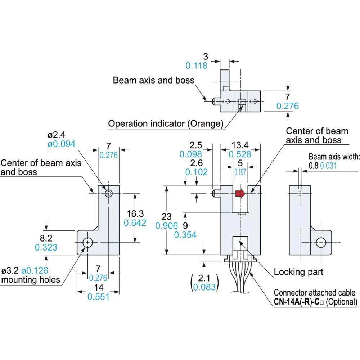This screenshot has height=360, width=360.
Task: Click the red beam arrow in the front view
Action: pos(240,194)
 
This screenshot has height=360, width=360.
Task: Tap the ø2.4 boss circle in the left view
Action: pos(108,194)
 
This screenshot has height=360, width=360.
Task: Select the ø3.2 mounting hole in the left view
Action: pos(87,243)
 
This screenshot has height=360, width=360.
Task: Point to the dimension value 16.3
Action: pos(135,213)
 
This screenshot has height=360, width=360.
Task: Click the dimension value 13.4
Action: pos(240,145)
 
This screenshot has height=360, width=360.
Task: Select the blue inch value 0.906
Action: pos(167,225)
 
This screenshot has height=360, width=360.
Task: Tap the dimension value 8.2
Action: pos(46,238)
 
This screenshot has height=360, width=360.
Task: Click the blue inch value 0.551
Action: pos(98,297)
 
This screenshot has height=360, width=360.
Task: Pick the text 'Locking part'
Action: pos(299,272)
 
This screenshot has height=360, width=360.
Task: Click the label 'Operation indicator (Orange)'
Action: pos(166,124)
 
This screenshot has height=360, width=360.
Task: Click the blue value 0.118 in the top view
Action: pos(197,66)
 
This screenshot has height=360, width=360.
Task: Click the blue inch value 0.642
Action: pos(135,223)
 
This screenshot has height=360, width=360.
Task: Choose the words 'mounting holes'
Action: pos(31,280)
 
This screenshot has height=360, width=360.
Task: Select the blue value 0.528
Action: pos(240,154)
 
